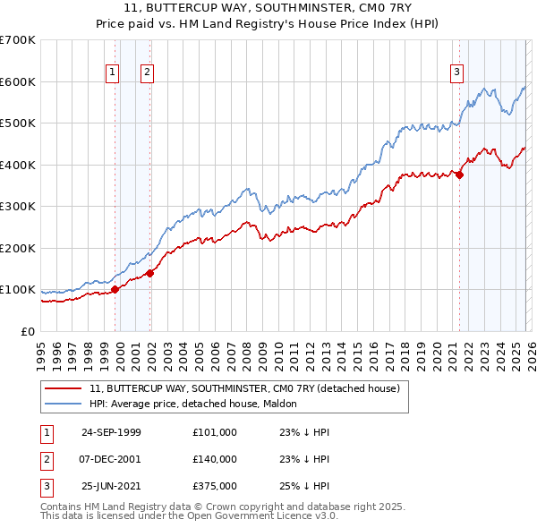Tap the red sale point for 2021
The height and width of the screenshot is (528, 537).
(459, 175)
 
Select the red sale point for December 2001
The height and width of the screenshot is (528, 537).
(150, 273)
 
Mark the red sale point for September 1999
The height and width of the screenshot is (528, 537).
(115, 289)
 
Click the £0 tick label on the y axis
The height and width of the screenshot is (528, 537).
(28, 331)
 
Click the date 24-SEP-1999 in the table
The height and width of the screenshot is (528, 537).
(111, 432)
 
